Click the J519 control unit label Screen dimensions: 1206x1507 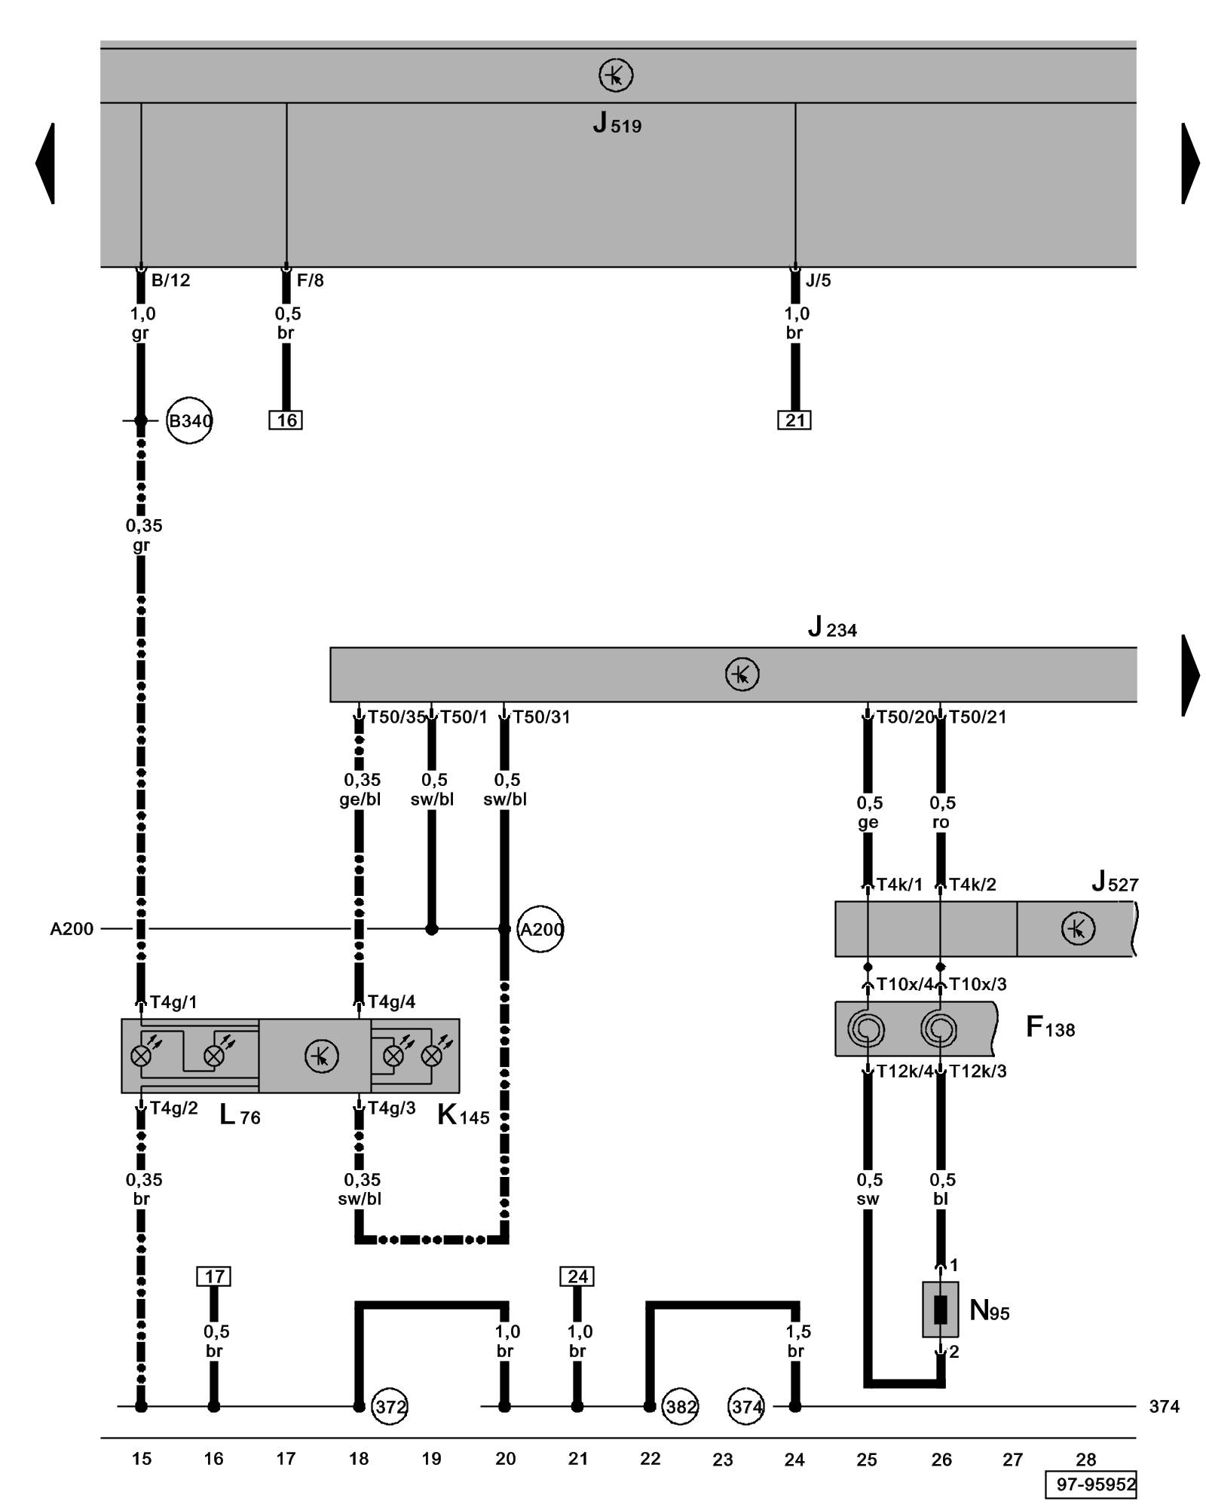[617, 123]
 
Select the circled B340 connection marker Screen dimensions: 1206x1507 [189, 420]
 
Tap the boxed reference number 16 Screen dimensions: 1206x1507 [286, 420]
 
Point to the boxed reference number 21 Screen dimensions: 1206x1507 [794, 420]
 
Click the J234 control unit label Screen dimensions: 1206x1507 [832, 627]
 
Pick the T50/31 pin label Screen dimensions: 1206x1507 [541, 717]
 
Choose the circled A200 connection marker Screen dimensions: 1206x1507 [541, 929]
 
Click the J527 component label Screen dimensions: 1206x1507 [1115, 882]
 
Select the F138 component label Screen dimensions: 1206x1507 [1050, 1027]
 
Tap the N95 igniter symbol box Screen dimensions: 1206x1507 [941, 1310]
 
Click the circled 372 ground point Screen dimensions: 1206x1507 [390, 1406]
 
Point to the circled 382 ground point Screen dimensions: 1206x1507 [681, 1406]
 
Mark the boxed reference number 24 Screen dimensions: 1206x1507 [577, 1276]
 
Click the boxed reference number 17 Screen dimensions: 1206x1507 [214, 1276]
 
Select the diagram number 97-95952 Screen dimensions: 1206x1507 [1091, 1484]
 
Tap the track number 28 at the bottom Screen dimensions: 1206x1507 [1086, 1460]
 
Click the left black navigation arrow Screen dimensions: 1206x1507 [45, 164]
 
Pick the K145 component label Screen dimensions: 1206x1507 [463, 1115]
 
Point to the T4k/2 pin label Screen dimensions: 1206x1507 [972, 885]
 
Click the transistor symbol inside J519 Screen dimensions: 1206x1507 [616, 75]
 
